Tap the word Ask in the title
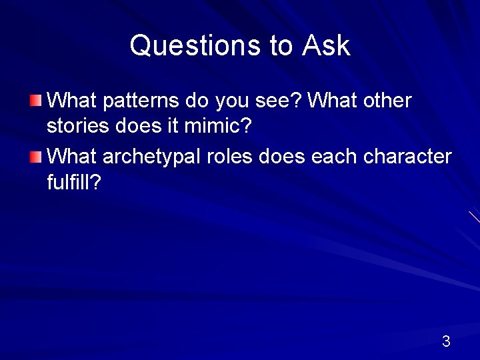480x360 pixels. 326,45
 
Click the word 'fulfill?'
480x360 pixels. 74,181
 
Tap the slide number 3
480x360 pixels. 446,342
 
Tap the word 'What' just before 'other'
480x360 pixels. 334,101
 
